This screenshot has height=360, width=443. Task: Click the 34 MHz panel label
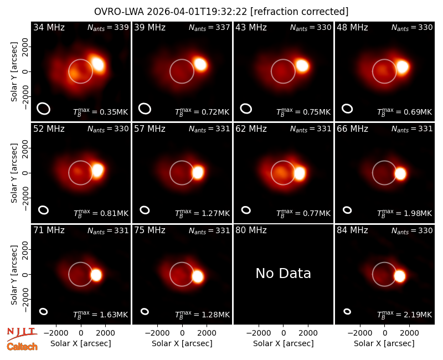(x=49, y=27)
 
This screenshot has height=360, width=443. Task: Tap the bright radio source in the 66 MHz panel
(x=400, y=173)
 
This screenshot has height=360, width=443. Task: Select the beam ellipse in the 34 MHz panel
(x=44, y=109)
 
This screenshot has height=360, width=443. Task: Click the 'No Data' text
(x=283, y=273)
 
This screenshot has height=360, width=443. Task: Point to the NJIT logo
(x=22, y=334)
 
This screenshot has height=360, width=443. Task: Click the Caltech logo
(x=22, y=347)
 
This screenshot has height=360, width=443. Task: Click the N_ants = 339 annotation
(x=108, y=27)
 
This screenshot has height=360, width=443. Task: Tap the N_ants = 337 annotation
(x=209, y=27)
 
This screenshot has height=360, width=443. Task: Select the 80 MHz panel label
(x=251, y=230)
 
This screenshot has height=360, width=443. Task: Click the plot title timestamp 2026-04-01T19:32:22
(x=197, y=12)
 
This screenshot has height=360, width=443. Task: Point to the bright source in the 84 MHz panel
(x=399, y=276)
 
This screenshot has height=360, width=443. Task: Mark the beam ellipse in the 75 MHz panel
(x=145, y=311)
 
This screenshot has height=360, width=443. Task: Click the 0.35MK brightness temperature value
(x=114, y=112)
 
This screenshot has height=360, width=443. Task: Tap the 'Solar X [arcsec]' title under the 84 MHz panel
(x=384, y=343)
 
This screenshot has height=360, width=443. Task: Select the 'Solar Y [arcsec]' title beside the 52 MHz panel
(x=14, y=173)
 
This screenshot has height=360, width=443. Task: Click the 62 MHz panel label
(x=251, y=129)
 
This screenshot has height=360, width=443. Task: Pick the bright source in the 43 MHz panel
(x=302, y=65)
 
